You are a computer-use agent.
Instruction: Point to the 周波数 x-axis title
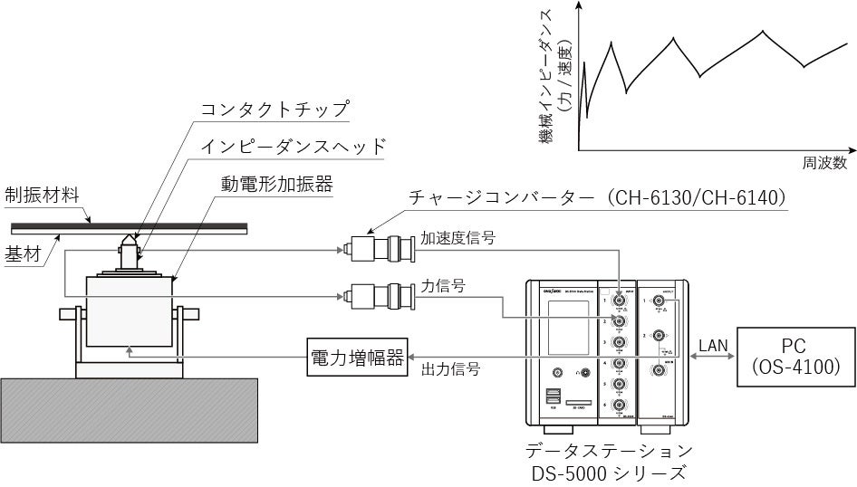(823, 164)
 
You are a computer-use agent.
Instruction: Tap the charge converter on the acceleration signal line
(383, 245)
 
